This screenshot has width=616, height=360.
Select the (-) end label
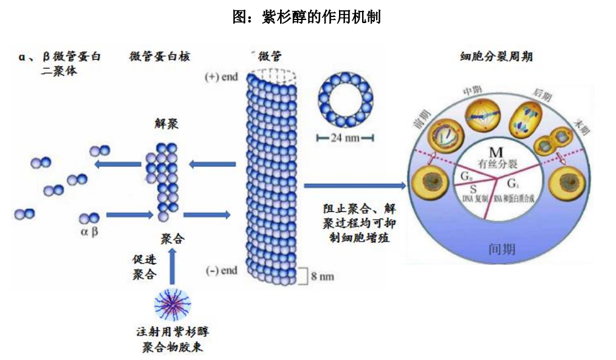[222, 270]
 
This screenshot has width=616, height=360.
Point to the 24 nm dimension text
[344, 137]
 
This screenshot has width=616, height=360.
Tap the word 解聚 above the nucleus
[166, 124]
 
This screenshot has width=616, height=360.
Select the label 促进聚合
[145, 267]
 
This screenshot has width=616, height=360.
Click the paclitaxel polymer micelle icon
[173, 304]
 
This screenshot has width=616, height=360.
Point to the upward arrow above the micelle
[173, 267]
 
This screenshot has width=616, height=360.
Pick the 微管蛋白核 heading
[160, 56]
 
